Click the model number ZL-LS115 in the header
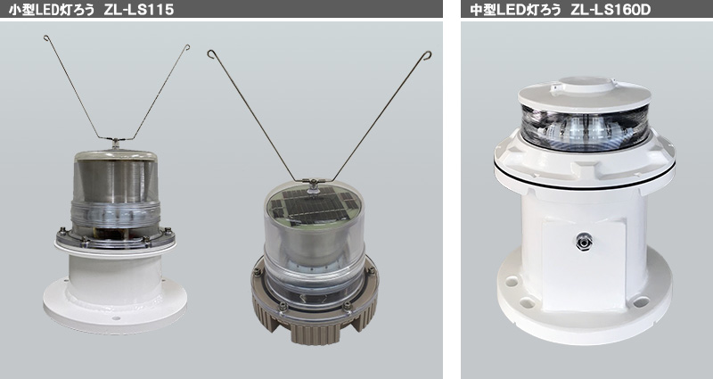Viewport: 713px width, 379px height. pos(139,10)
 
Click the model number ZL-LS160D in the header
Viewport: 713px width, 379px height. pos(611,10)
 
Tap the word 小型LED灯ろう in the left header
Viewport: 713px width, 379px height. pos(52,10)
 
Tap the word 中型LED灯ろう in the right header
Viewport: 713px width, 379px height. pos(515,10)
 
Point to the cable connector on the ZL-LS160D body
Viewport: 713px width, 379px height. pos(583,241)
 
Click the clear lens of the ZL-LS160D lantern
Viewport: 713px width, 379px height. pos(585,128)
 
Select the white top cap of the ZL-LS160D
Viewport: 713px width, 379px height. pos(585,94)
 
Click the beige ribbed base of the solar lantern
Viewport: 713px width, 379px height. pos(314,318)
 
